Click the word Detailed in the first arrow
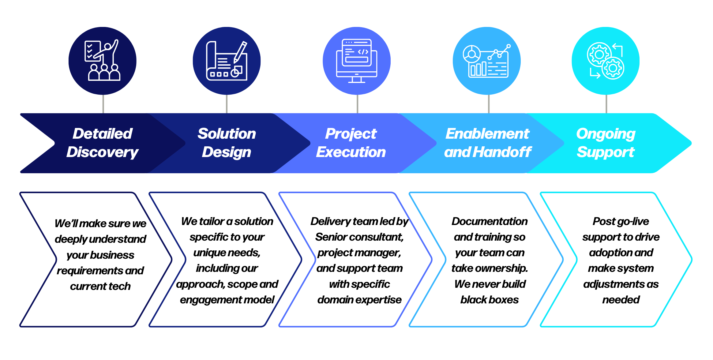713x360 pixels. tap(103, 134)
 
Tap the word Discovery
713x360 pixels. tap(103, 152)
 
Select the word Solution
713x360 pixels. tap(227, 134)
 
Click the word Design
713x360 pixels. tap(227, 152)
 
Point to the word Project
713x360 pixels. tap(351, 134)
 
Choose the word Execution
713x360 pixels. tap(351, 152)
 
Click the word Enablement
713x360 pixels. tap(487, 134)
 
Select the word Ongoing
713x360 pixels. tap(606, 134)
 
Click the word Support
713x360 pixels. tap(606, 152)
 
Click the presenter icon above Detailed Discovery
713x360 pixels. tap(103, 61)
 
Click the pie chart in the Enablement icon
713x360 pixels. tap(472, 54)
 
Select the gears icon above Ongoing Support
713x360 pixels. tap(606, 61)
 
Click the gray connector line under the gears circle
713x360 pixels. tap(606, 104)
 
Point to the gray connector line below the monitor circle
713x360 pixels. tap(358, 104)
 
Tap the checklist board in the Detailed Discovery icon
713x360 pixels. tap(92, 51)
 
